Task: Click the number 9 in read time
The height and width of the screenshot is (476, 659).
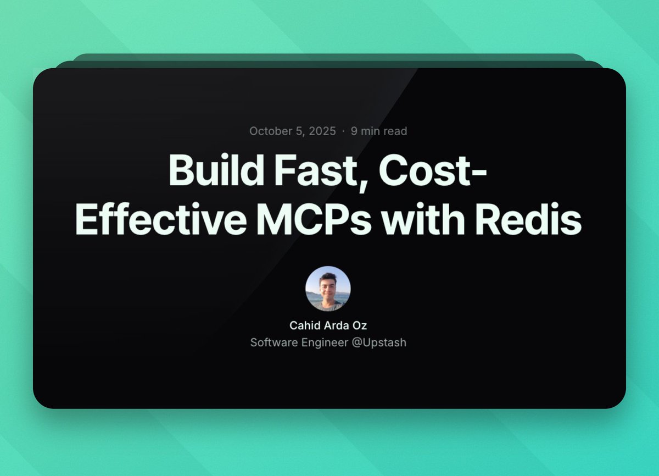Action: click(x=355, y=131)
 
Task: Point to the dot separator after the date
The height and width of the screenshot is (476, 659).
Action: click(x=343, y=131)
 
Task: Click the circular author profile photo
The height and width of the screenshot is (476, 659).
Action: click(x=328, y=289)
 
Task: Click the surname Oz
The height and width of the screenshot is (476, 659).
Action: click(x=360, y=325)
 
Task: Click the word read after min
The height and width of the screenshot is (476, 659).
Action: click(x=395, y=131)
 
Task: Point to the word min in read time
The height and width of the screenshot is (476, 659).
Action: click(x=371, y=131)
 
